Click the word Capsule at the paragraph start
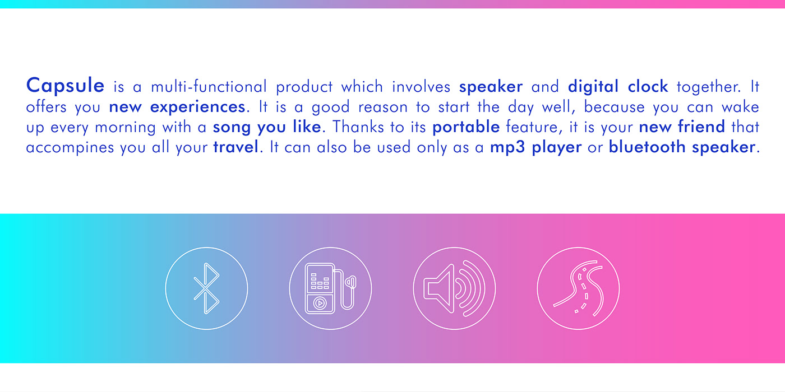65,86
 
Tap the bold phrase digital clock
618,87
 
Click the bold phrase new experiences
177,107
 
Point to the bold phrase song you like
267,127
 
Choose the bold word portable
466,127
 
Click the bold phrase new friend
682,127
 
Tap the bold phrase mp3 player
535,147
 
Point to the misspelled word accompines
70,147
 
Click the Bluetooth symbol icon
206,288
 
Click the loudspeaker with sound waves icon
454,288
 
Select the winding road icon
578,288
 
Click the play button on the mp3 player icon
320,303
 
